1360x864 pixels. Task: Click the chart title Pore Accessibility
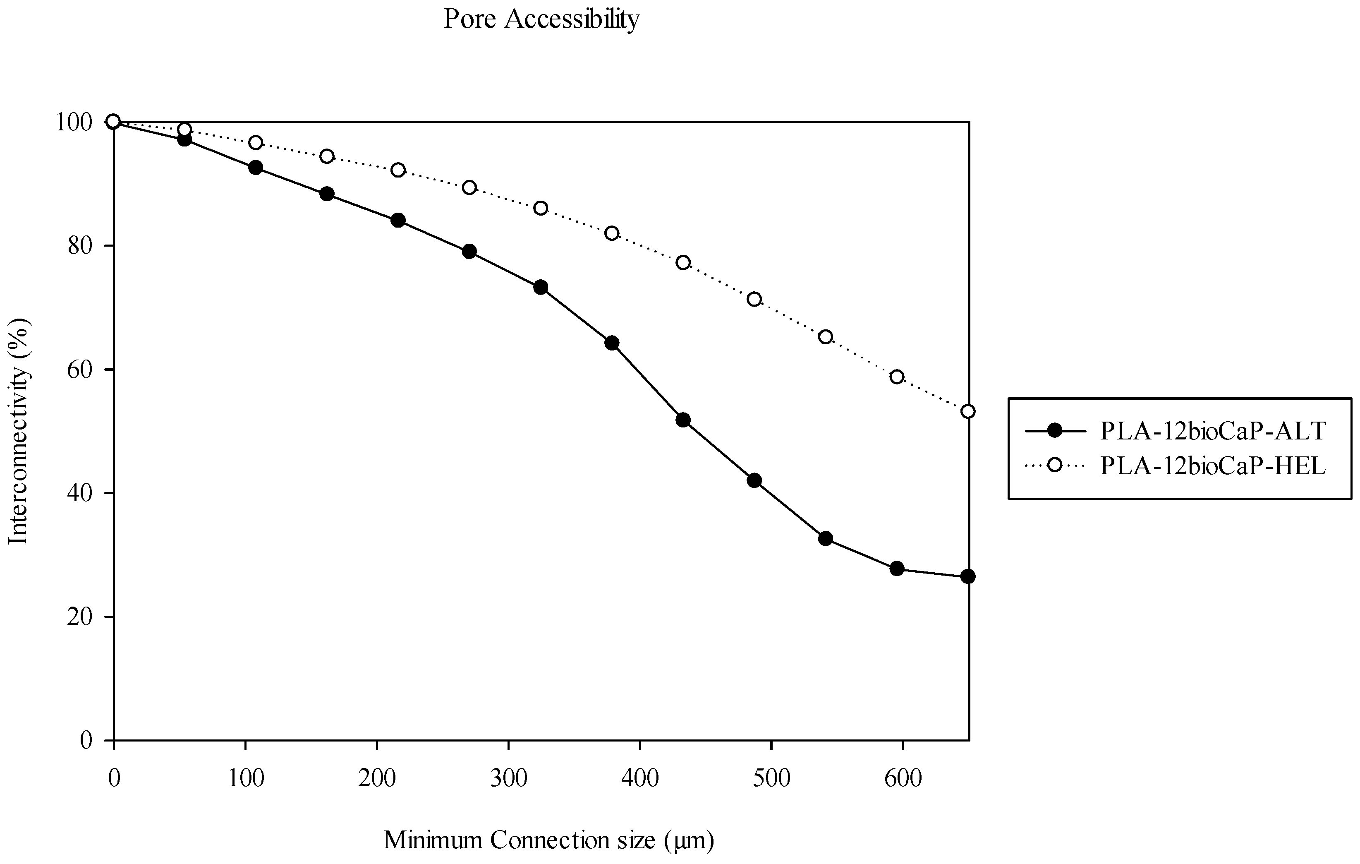point(541,19)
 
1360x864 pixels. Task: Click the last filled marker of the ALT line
point(967,576)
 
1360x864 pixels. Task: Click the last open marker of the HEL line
point(967,411)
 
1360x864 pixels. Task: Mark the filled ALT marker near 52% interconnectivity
point(683,420)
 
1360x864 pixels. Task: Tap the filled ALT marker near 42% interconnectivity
point(754,480)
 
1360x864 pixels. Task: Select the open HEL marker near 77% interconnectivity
point(683,262)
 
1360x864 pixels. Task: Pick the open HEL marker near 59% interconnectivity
point(897,376)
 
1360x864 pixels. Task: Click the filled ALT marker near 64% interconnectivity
point(612,343)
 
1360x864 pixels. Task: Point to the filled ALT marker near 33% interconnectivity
point(825,538)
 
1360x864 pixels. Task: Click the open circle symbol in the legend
point(1054,465)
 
